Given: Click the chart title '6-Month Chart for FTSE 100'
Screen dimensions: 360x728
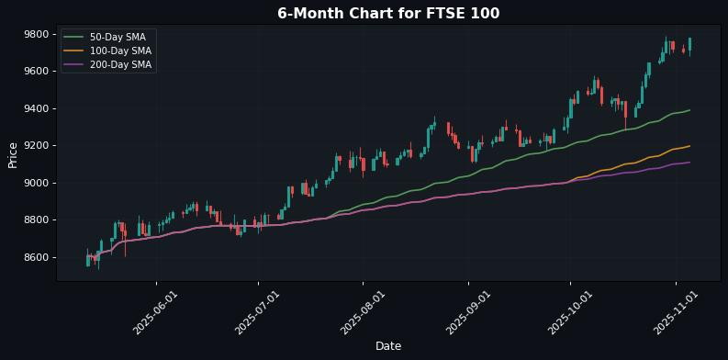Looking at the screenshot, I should click(388, 13).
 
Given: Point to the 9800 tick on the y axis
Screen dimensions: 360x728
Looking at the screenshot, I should click(37, 34).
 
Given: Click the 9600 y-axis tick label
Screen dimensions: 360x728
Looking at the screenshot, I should click(37, 72).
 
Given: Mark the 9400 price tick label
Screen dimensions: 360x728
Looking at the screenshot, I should click(37, 108).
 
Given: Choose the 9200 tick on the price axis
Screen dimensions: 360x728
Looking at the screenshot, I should click(37, 146).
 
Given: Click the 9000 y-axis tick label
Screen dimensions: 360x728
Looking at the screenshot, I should click(37, 183).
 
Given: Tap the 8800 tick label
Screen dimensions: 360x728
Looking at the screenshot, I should click(37, 220).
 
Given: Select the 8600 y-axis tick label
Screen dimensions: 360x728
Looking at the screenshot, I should click(37, 257).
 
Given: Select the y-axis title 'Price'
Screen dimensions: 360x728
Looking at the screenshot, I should click(13, 154).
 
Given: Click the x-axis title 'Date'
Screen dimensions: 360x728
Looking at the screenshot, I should click(388, 346).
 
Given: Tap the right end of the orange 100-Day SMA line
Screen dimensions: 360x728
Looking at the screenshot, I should click(689, 146).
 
